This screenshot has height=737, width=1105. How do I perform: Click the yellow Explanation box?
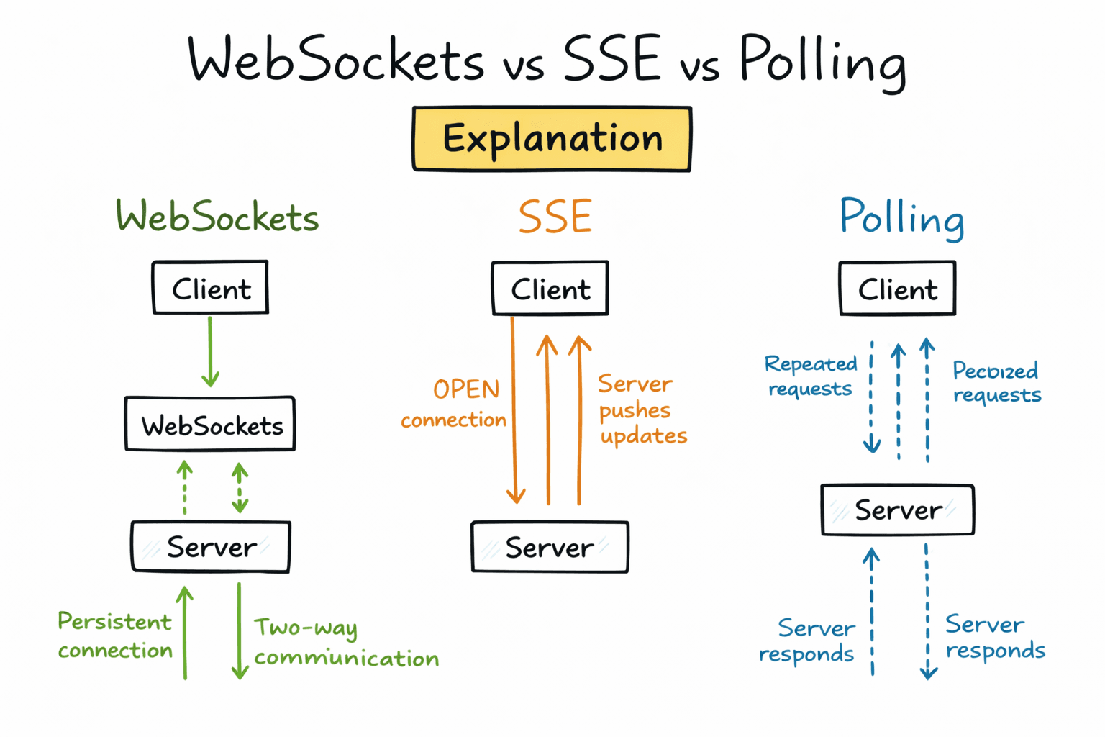(552, 139)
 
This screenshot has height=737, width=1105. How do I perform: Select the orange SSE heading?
(555, 217)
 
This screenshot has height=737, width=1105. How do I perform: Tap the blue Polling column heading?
(901, 217)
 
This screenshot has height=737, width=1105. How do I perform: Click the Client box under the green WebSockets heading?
(210, 288)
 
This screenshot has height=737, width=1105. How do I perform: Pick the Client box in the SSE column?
(550, 289)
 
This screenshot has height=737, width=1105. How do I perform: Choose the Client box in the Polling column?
(897, 289)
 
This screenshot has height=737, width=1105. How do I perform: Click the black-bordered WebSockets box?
(210, 425)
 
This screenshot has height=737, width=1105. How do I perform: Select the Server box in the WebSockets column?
(211, 547)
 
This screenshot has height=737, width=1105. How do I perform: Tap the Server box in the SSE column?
(550, 548)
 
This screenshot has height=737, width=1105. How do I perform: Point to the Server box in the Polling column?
(898, 510)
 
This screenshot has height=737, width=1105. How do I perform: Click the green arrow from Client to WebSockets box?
(210, 353)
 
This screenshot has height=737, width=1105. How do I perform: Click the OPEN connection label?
(455, 404)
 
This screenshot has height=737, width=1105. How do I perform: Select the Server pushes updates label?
(641, 410)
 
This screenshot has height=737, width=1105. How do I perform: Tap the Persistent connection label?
(115, 636)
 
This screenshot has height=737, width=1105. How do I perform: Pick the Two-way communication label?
(345, 643)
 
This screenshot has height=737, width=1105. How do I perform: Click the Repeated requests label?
(811, 376)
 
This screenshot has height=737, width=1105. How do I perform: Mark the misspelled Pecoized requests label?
(996, 382)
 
